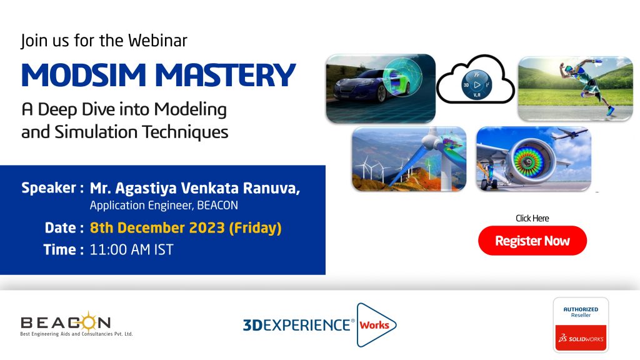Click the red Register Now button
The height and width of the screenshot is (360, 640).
[x=532, y=241]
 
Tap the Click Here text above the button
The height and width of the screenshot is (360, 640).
[x=532, y=218]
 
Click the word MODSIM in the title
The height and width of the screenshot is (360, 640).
[x=84, y=75]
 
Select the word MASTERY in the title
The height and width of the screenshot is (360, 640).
[x=225, y=75]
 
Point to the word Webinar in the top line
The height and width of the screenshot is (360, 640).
[x=157, y=41]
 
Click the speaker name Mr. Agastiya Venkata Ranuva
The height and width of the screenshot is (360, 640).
[x=195, y=188]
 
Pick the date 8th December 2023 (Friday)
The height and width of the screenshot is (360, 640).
[x=186, y=227]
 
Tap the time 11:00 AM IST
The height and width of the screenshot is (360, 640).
[x=131, y=249]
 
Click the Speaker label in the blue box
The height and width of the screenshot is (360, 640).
[x=49, y=187]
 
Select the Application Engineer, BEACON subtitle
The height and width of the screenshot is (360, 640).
[x=164, y=205]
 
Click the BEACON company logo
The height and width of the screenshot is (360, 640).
[x=76, y=324]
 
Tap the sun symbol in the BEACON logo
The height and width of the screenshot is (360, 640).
[x=87, y=322]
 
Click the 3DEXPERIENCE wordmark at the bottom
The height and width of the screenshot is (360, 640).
[x=297, y=325]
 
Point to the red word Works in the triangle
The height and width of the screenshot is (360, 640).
[x=374, y=325]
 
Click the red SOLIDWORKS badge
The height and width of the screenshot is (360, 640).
[x=581, y=338]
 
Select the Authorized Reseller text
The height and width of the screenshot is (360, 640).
[x=581, y=312]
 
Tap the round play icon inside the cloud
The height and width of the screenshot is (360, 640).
[x=477, y=85]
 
